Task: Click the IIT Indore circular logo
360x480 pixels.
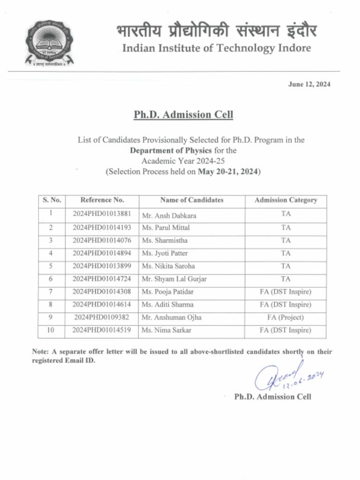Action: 50,43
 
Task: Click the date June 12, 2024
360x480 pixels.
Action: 309,84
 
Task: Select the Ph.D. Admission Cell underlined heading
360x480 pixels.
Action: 183,115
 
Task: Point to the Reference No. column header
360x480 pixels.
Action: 102,200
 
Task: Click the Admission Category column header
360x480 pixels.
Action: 285,200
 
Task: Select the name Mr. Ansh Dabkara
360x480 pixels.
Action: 169,216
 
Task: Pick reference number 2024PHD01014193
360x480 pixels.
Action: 102,228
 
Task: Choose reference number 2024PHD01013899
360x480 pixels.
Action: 102,266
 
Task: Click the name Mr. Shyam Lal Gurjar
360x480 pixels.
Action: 174,279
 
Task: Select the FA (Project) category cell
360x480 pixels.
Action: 285,317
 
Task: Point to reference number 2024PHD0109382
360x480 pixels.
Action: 102,317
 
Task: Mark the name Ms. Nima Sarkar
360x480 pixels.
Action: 166,330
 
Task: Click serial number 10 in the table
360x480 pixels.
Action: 50,330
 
